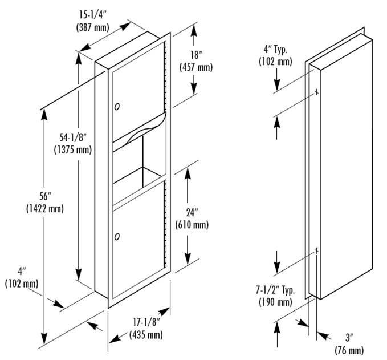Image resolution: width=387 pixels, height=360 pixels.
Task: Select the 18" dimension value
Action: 196,56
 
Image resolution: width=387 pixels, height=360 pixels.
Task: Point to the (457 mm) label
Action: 196,67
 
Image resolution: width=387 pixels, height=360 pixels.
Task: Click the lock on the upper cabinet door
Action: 117,106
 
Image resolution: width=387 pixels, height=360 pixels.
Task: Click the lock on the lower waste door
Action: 117,235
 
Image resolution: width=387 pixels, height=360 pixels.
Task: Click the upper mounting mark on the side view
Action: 315,92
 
